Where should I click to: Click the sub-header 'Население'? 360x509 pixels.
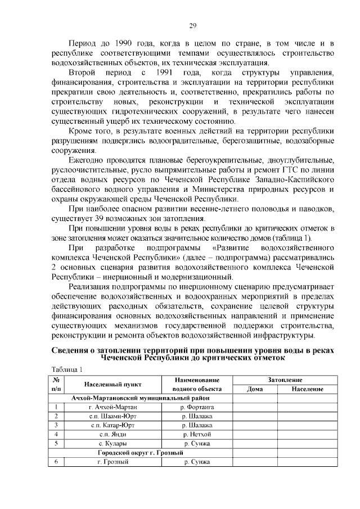click(307, 389)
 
